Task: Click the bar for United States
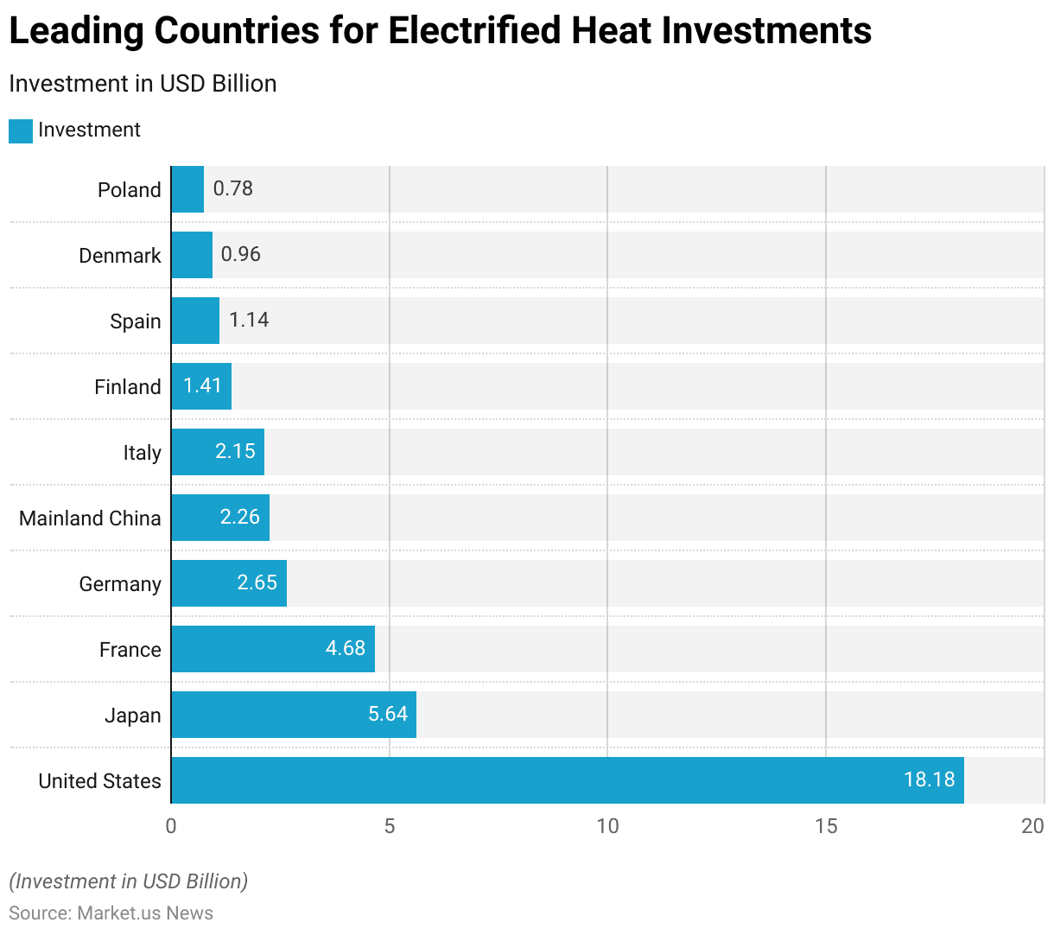pos(567,780)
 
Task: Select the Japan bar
pos(294,715)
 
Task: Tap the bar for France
pos(273,649)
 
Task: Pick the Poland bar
pos(187,189)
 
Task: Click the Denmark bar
pos(192,255)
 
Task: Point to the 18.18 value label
pos(929,779)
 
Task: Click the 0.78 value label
pos(233,188)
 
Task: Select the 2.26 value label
pos(239,517)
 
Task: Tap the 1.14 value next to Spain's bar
pos(249,320)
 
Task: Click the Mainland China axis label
pos(90,518)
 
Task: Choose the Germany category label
pos(120,584)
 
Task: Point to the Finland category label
pos(128,387)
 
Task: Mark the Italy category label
pos(142,453)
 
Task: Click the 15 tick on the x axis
pos(826,826)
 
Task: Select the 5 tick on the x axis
pos(390,826)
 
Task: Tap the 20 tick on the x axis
pos(1032,826)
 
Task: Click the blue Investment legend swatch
pos(21,131)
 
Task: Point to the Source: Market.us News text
pos(111,913)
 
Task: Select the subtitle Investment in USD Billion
pos(143,84)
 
